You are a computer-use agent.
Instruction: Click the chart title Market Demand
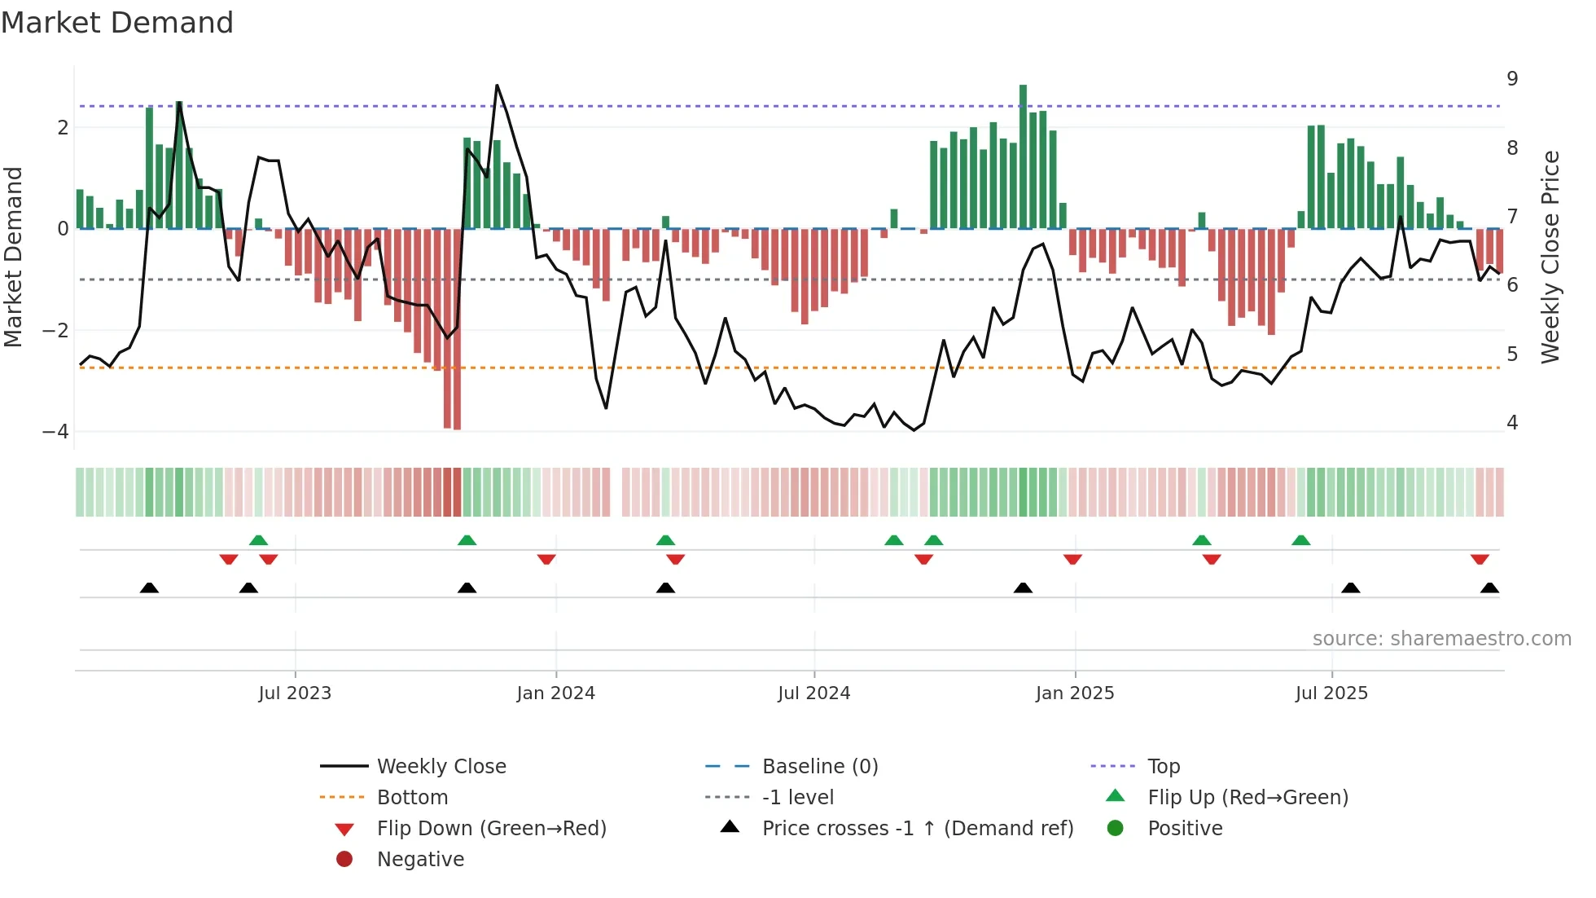[117, 23]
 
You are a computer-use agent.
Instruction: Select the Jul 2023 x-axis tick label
[295, 693]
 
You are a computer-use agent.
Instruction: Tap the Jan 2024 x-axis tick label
[555, 693]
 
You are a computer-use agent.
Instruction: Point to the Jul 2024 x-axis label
[813, 693]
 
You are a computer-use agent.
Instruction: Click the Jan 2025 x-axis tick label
[1075, 693]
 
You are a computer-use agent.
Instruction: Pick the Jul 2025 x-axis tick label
[1331, 693]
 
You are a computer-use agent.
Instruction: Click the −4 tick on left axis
[55, 432]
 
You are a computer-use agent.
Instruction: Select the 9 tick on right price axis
[1512, 79]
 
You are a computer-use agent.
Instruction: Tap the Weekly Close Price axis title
[1550, 257]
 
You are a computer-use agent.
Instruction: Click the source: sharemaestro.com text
[1441, 639]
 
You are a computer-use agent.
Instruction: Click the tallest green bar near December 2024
[1023, 155]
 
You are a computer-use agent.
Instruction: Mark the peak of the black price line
[497, 86]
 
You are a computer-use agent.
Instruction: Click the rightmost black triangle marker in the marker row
[1489, 588]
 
